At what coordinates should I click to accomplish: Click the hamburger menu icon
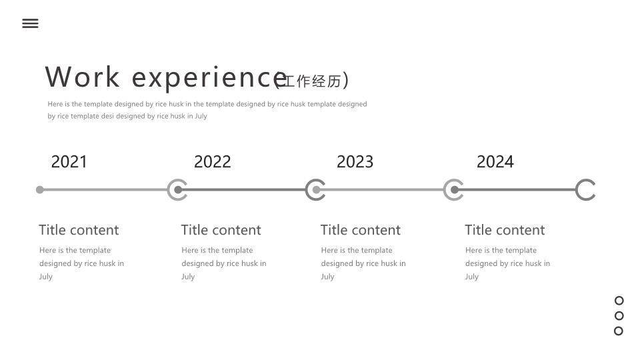[x=30, y=24]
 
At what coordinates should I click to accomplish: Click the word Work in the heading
[x=83, y=77]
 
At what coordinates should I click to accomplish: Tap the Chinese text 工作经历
[x=312, y=81]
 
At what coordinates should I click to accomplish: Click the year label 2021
[x=69, y=161]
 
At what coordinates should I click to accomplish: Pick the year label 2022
[x=212, y=161]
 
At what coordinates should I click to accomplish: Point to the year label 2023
[x=355, y=161]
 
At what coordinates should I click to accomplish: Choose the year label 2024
[x=495, y=161]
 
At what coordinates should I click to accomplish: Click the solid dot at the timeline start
[x=39, y=190]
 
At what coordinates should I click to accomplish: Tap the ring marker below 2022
[x=169, y=190]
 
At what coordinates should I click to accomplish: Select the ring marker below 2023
[x=307, y=190]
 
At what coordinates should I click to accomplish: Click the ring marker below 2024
[x=445, y=190]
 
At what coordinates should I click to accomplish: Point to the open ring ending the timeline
[x=577, y=190]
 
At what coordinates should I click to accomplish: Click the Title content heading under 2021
[x=79, y=230]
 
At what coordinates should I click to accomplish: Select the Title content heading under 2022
[x=221, y=230]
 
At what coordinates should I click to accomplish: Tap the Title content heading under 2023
[x=361, y=230]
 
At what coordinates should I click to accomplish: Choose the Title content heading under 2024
[x=505, y=230]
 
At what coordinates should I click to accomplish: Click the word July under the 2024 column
[x=472, y=277]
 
